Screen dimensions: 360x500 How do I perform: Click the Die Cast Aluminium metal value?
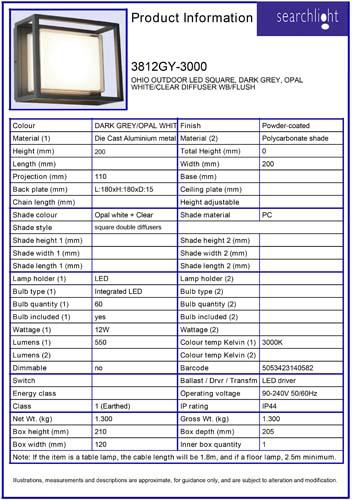pyautogui.click(x=136, y=138)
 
